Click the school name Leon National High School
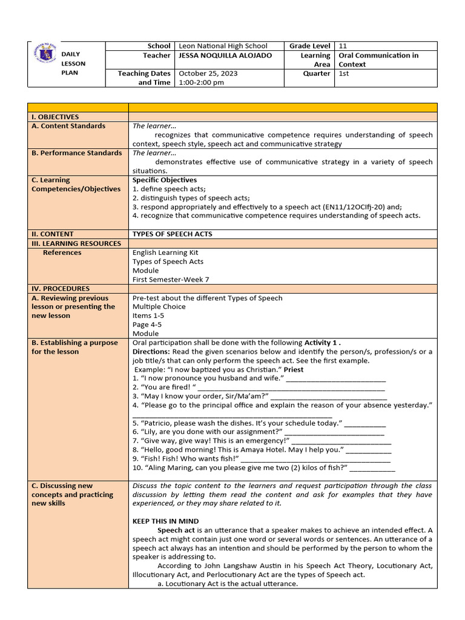click(x=222, y=46)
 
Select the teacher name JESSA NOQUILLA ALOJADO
click(x=225, y=56)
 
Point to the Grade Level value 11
click(x=343, y=46)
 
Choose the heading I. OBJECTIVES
click(x=55, y=117)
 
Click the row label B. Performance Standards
click(x=76, y=153)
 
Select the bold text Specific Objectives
click(x=165, y=180)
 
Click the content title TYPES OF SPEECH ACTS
click(x=173, y=234)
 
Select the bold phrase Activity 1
click(x=326, y=343)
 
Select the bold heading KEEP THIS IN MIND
click(x=165, y=521)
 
